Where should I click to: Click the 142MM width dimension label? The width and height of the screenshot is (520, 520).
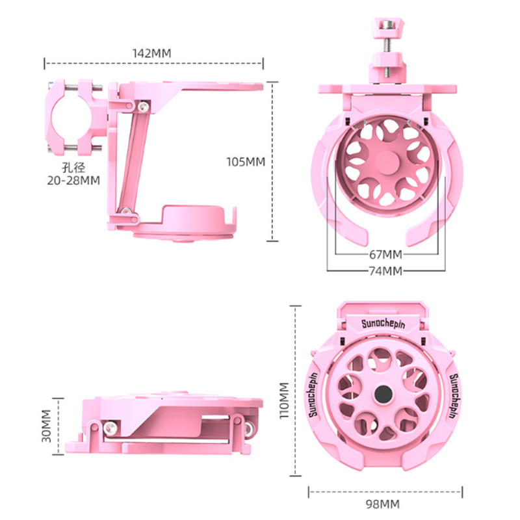pos(152,53)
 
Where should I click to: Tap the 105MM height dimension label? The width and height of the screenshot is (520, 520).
pos(246,162)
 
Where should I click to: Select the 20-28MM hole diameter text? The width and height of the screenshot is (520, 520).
pos(73,181)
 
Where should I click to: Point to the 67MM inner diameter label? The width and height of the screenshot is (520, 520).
pos(385,254)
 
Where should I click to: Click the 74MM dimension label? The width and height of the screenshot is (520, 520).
pos(385,271)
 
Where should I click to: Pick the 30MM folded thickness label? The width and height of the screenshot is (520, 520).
pos(46,426)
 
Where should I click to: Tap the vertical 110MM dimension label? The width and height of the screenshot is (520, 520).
pos(285,400)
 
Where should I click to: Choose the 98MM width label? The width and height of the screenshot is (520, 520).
pos(383,504)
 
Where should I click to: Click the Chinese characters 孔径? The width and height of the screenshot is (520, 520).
pos(73,168)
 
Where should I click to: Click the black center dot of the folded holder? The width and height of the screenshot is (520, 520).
pos(383,394)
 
